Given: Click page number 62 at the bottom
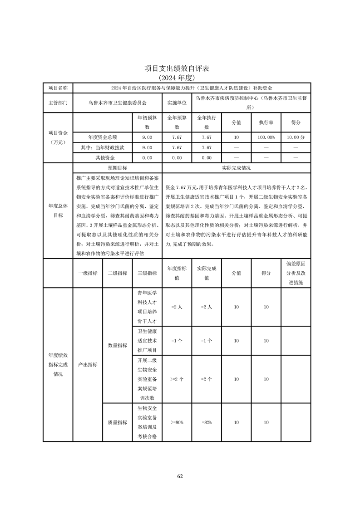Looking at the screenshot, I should pyautogui.click(x=180, y=476).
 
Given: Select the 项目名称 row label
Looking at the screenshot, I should pyautogui.click(x=58, y=88).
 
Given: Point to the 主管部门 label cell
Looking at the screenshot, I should pyautogui.click(x=58, y=103).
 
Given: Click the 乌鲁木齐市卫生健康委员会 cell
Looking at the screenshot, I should pyautogui.click(x=117, y=103).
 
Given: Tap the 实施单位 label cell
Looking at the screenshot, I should pyautogui.click(x=177, y=103).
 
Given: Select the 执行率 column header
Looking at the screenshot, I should pyautogui.click(x=266, y=122).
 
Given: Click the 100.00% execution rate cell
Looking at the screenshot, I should pyautogui.click(x=266, y=137).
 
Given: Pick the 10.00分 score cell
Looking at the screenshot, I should pyautogui.click(x=296, y=137).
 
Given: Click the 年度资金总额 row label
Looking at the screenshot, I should pyautogui.click(x=103, y=137).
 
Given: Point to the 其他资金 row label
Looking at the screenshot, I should pyautogui.click(x=103, y=158).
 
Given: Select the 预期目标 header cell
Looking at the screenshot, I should pyautogui.click(x=117, y=168).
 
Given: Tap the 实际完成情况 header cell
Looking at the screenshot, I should pyautogui.click(x=236, y=168).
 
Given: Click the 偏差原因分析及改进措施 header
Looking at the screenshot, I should pyautogui.click(x=296, y=273).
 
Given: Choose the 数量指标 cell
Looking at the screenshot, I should pyautogui.click(x=117, y=345).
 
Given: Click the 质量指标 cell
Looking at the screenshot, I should pyautogui.click(x=117, y=422).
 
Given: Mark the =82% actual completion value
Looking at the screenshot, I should pyautogui.click(x=207, y=422).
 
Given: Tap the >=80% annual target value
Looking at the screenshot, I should pyautogui.click(x=177, y=422).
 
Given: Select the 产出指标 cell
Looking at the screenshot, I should pyautogui.click(x=88, y=364).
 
